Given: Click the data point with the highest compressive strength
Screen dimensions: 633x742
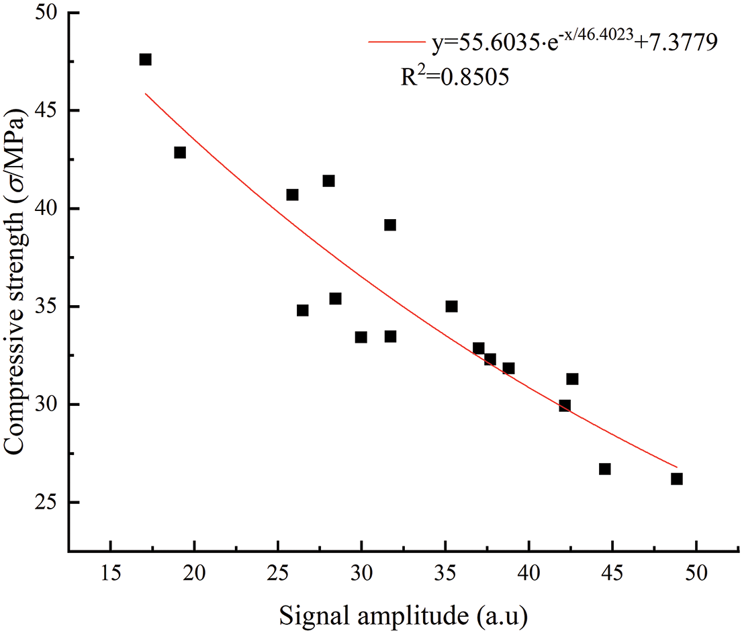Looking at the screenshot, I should [x=145, y=60].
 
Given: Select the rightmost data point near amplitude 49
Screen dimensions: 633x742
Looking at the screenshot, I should [x=676, y=479].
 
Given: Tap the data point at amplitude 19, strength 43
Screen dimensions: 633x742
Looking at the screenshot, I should [x=180, y=153].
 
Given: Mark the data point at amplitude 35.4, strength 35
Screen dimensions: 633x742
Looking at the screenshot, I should [x=451, y=306].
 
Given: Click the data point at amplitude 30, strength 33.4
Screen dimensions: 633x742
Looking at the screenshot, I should [x=361, y=337].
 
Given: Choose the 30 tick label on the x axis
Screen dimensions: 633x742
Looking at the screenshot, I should [x=361, y=575].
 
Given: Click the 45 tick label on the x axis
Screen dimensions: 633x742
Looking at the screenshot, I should [x=612, y=575].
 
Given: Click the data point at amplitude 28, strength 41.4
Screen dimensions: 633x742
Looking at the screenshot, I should [x=328, y=181].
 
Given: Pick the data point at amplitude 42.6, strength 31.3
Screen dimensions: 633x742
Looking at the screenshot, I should [x=572, y=379].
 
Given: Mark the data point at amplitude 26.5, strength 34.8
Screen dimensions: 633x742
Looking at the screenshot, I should [x=302, y=310].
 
